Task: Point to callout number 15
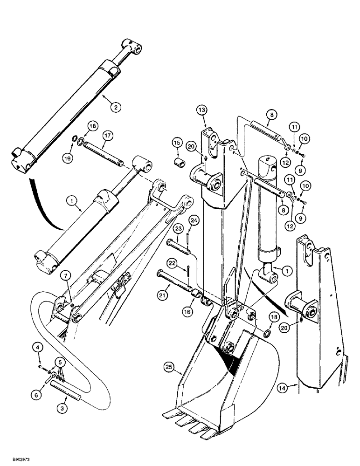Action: point(177,142)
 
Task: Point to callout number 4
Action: point(37,347)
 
